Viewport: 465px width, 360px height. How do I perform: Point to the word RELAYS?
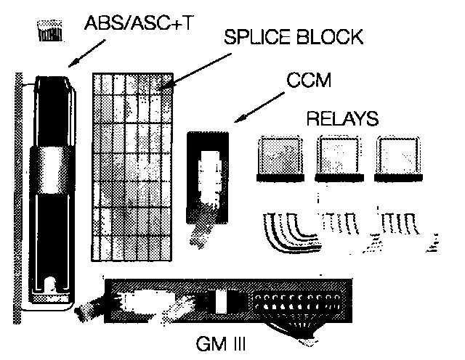tap(344, 119)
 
